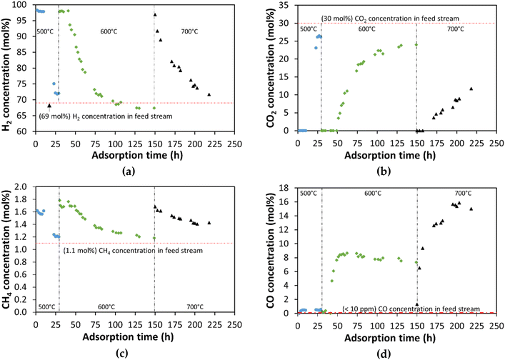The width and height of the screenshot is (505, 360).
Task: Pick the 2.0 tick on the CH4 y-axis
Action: [x=25, y=186]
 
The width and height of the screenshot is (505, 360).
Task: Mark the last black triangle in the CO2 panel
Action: [x=471, y=89]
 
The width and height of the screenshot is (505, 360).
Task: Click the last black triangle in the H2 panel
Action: [x=209, y=94]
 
